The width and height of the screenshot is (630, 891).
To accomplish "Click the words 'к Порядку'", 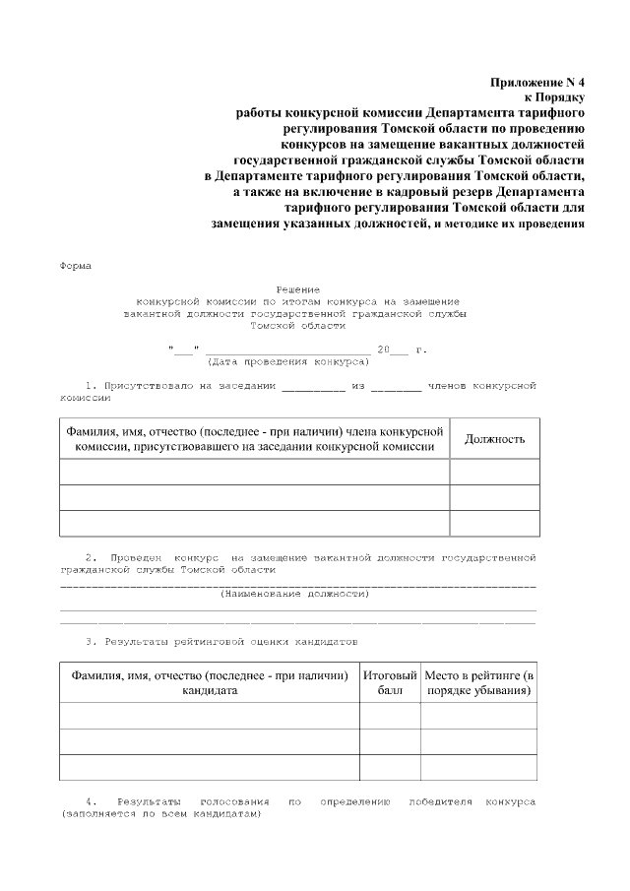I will pyautogui.click(x=554, y=97).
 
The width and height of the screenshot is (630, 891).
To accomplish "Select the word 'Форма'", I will pyautogui.click(x=76, y=265).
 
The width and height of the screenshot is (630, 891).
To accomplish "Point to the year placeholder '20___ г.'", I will pyautogui.click(x=403, y=350).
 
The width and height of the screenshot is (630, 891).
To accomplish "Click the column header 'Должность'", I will pyautogui.click(x=494, y=439).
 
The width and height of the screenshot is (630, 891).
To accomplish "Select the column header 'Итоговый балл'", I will pyautogui.click(x=389, y=683).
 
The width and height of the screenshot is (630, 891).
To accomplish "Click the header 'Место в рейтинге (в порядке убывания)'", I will pyautogui.click(x=478, y=683).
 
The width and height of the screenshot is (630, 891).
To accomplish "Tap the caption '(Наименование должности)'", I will pyautogui.click(x=297, y=594).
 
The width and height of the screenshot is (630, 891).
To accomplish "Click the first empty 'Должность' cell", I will pyautogui.click(x=494, y=473).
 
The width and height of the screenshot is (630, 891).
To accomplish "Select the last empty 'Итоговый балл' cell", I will pyautogui.click(x=389, y=767).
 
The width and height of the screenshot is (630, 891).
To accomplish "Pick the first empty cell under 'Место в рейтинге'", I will pyautogui.click(x=478, y=716).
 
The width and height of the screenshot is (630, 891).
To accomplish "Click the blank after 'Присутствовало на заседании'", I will pyautogui.click(x=314, y=386).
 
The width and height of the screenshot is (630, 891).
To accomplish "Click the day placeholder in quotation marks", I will pyautogui.click(x=184, y=350).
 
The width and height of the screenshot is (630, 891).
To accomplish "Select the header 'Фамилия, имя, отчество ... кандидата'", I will pyautogui.click(x=209, y=683).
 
